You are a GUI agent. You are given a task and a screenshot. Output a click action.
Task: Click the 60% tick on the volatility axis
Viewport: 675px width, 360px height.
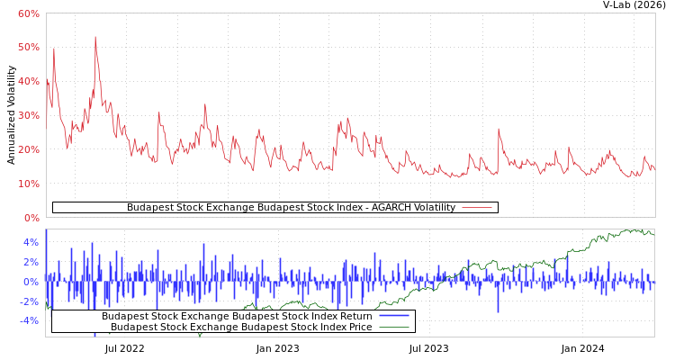[x=28, y=13]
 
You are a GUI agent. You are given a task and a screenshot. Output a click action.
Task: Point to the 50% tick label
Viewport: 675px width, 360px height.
[x=28, y=47]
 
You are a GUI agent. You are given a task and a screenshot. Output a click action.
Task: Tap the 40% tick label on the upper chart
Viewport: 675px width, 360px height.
[x=28, y=81]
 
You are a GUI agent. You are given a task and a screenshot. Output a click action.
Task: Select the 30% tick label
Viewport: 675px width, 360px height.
[x=28, y=115]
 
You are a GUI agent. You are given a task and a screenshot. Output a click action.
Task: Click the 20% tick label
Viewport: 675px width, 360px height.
[x=28, y=149]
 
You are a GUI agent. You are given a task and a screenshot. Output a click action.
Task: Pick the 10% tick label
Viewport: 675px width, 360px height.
[x=28, y=184]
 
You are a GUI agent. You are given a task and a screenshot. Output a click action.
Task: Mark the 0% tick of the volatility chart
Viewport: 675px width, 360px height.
[x=31, y=218]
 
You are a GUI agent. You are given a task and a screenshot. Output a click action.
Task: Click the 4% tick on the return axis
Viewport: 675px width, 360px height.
[x=31, y=242]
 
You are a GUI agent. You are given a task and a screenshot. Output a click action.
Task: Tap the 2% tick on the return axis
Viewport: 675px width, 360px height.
[x=31, y=262]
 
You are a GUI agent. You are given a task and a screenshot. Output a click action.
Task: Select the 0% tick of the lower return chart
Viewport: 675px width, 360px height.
[x=31, y=282]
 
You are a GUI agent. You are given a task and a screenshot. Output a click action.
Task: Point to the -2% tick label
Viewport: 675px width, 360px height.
[x=29, y=301]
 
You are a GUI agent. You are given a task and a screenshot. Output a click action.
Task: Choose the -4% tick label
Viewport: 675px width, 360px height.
[x=29, y=320]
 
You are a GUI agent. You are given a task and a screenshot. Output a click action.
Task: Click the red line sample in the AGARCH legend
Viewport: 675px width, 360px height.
[x=476, y=208]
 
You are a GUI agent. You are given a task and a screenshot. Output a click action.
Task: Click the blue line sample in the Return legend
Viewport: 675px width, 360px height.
[x=394, y=316]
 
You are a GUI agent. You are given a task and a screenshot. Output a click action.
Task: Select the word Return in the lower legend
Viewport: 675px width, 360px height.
[x=355, y=316]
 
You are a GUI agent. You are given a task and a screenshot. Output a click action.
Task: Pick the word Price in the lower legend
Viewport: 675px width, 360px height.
[x=358, y=327]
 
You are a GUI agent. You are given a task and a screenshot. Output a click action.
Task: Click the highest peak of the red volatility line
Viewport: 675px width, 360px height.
[x=95, y=37]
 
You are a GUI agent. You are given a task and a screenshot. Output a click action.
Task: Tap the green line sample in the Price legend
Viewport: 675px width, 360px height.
[x=394, y=327]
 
